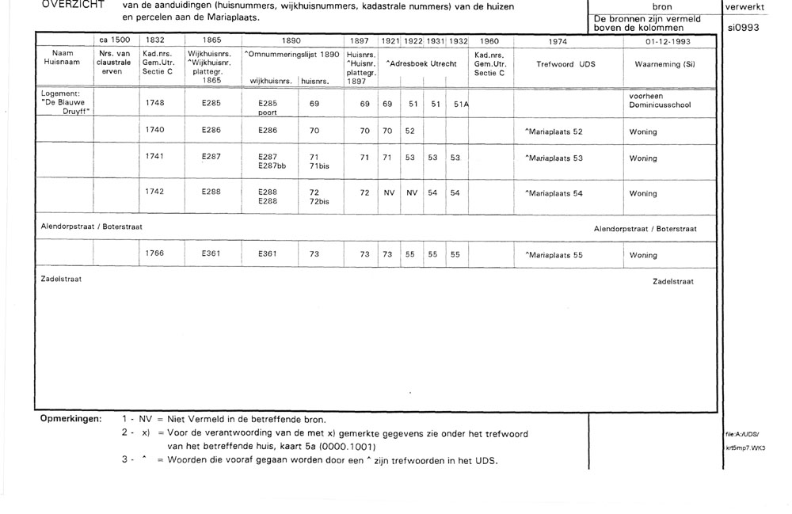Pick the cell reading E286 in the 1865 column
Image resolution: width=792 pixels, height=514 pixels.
click(211, 130)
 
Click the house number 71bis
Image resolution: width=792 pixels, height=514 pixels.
click(319, 166)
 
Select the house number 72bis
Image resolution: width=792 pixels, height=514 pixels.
click(319, 202)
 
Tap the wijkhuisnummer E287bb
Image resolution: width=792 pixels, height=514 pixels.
click(276, 166)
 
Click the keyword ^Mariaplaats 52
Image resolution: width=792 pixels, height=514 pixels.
click(554, 130)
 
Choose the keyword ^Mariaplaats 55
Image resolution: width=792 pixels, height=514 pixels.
click(554, 255)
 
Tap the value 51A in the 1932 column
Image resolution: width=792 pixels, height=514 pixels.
click(461, 103)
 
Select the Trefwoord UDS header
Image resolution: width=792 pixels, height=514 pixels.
click(565, 63)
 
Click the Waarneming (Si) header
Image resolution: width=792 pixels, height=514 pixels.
click(664, 63)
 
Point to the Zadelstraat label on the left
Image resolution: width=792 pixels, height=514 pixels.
click(61, 280)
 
